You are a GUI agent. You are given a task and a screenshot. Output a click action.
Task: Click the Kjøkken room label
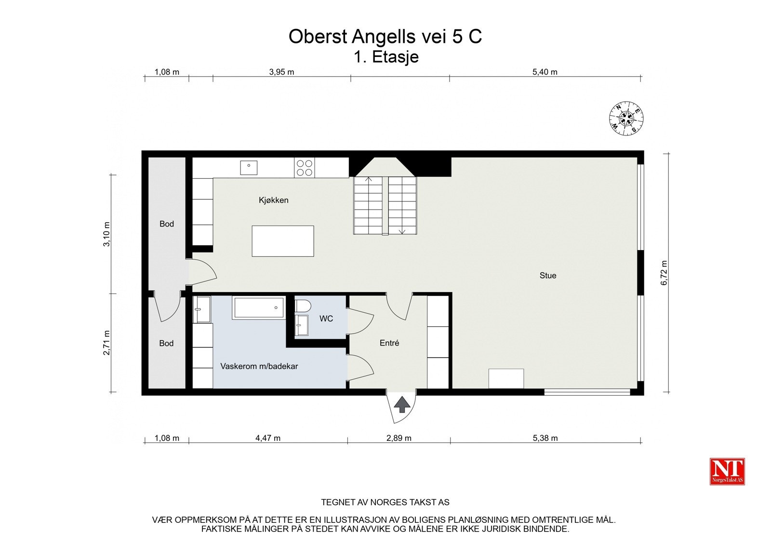pyautogui.click(x=273, y=200)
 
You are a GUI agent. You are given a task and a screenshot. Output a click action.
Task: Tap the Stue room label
pyautogui.click(x=547, y=276)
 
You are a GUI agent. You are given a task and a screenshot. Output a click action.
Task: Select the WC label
pyautogui.click(x=326, y=319)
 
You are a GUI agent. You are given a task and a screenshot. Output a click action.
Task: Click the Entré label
pyautogui.click(x=389, y=343)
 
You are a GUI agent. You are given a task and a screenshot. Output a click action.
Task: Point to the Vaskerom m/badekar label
pyautogui.click(x=259, y=366)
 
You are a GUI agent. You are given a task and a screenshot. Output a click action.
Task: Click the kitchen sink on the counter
pyautogui.click(x=249, y=168)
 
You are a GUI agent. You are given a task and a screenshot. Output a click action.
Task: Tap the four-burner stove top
pyautogui.click(x=304, y=168)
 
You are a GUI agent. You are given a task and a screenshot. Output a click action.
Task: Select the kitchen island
pyautogui.click(x=283, y=241)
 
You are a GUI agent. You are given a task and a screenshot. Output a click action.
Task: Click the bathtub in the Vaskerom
pyautogui.click(x=259, y=307)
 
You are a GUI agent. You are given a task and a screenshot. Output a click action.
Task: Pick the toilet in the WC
pyautogui.click(x=303, y=306)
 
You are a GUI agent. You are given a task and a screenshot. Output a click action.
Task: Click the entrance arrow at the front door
pyautogui.click(x=401, y=404)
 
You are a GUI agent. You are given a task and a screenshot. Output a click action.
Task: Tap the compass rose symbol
pyautogui.click(x=626, y=119)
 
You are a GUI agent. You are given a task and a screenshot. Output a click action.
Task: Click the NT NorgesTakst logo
pyautogui.click(x=727, y=471)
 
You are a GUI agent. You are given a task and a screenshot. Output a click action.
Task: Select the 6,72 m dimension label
pyautogui.click(x=664, y=273)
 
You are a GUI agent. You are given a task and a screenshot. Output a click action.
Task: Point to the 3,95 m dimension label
pyautogui.click(x=281, y=72)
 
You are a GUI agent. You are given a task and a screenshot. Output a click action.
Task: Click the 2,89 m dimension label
pyautogui.click(x=399, y=438)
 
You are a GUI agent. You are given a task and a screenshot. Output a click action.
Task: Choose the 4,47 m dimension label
pyautogui.click(x=267, y=438)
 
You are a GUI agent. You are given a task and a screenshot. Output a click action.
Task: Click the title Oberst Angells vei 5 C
pyautogui.click(x=385, y=37)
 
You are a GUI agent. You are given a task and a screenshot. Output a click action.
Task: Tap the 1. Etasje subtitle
pyautogui.click(x=386, y=57)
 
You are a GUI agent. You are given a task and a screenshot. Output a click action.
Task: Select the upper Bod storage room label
pyautogui.click(x=166, y=224)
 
